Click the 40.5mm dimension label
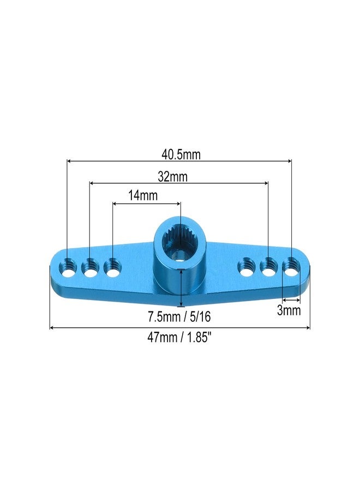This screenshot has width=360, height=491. click(x=181, y=154)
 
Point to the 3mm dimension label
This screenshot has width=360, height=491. click(x=289, y=311)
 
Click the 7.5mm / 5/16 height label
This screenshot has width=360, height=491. click(x=180, y=317)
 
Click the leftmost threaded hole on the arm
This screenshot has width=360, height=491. click(x=68, y=267)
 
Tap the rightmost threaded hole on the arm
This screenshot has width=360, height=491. click(x=291, y=267)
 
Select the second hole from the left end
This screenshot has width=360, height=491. click(x=90, y=267)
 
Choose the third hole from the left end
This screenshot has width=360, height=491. click(x=112, y=267)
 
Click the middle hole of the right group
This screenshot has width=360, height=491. click(x=268, y=267)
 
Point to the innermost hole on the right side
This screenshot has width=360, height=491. click(x=246, y=267)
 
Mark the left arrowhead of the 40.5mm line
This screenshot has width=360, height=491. click(x=69, y=161)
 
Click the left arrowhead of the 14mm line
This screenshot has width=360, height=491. click(x=115, y=203)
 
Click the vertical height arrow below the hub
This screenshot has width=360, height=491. click(x=181, y=289)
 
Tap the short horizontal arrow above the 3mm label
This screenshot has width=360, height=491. click(x=291, y=300)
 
